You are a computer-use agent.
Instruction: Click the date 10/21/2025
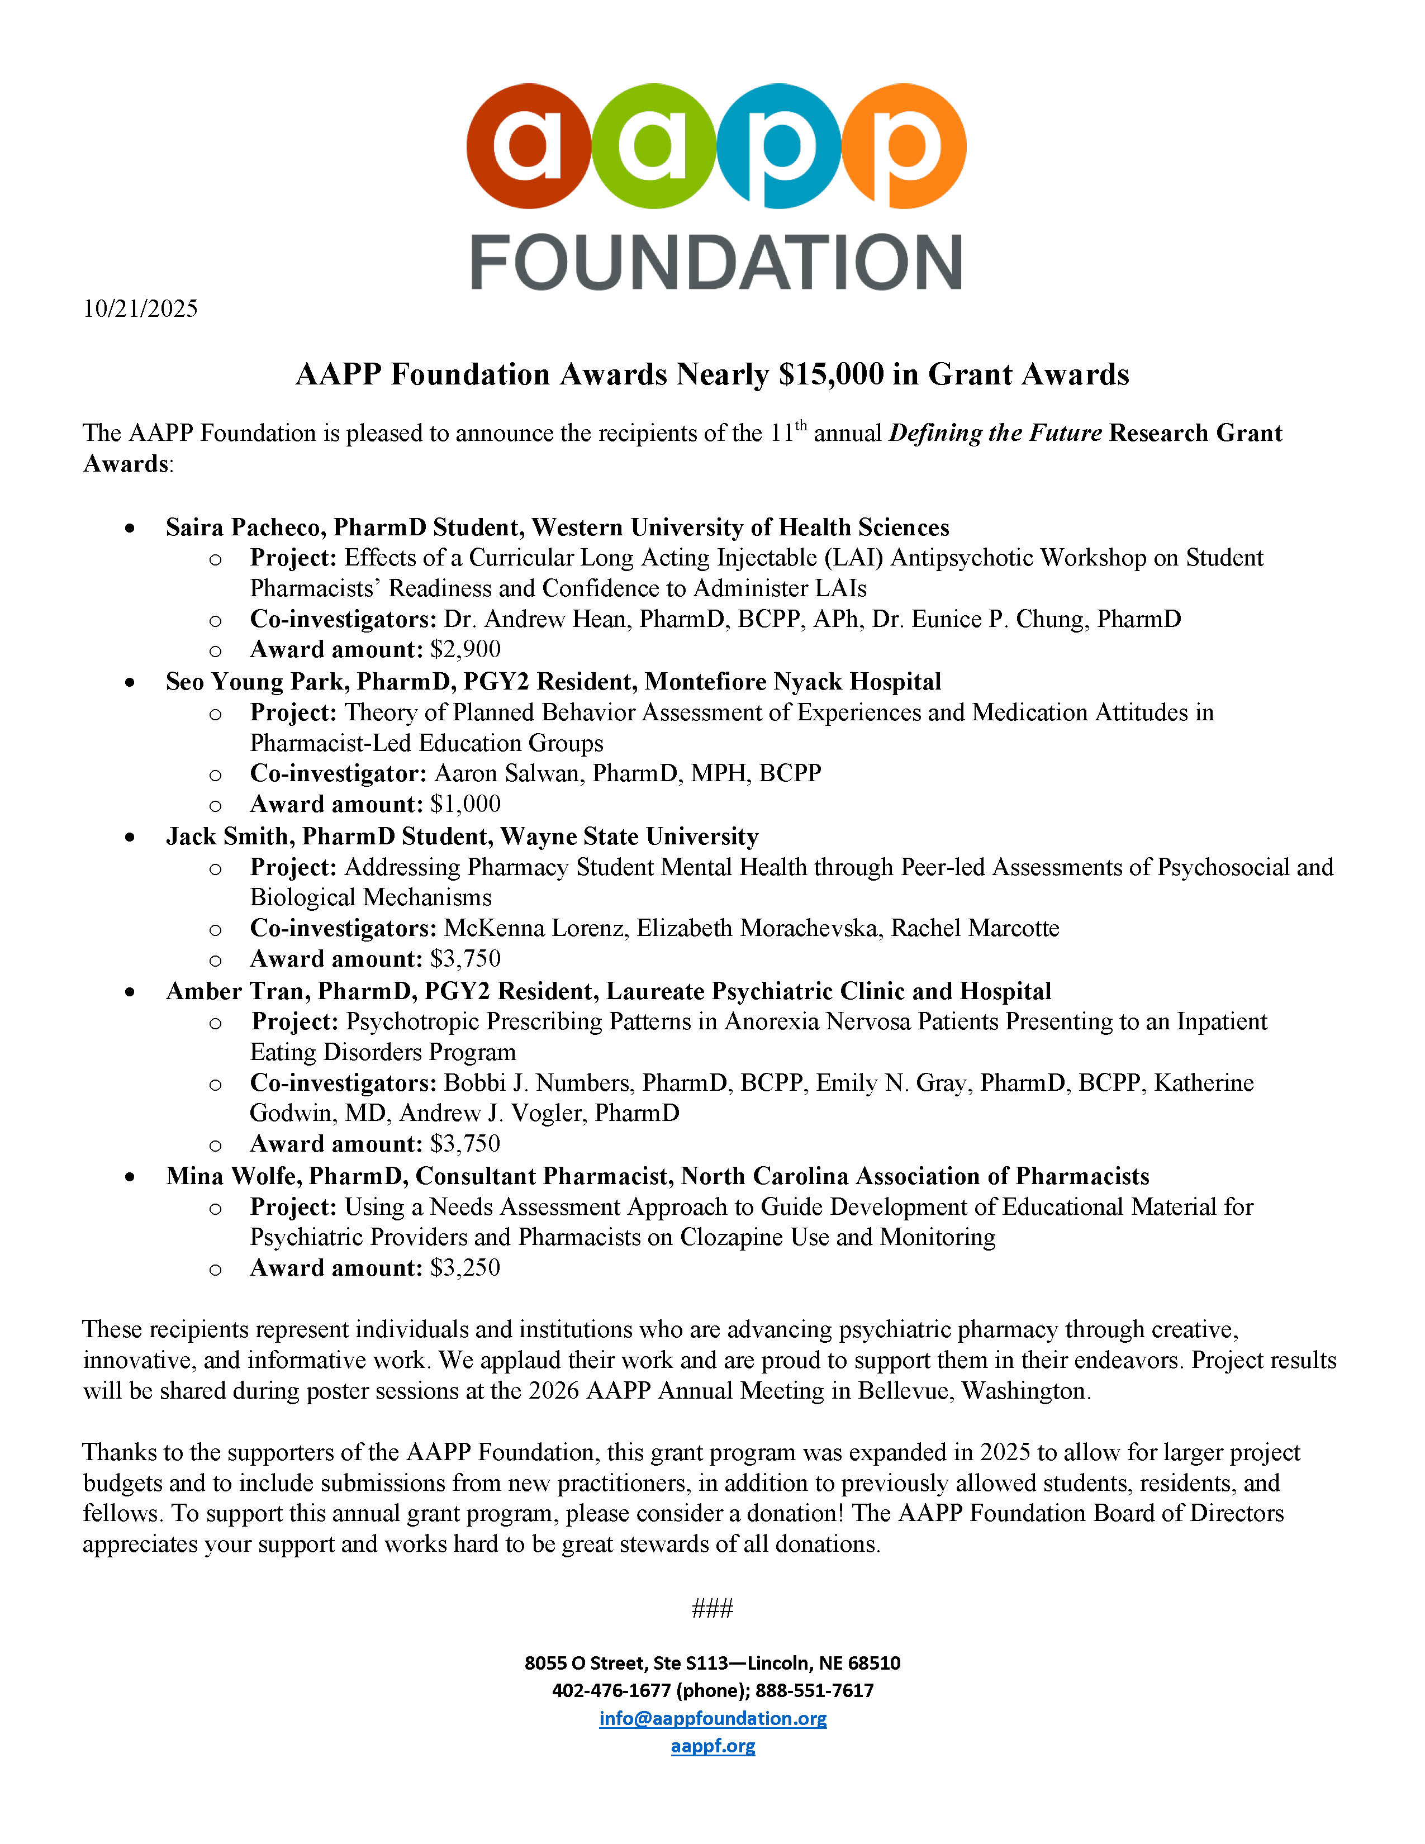140,309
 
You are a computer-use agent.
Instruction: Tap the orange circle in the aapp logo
904,145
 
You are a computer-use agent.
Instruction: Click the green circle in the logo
653,145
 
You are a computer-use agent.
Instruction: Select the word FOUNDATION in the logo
716,263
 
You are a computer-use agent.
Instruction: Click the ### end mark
712,1608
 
